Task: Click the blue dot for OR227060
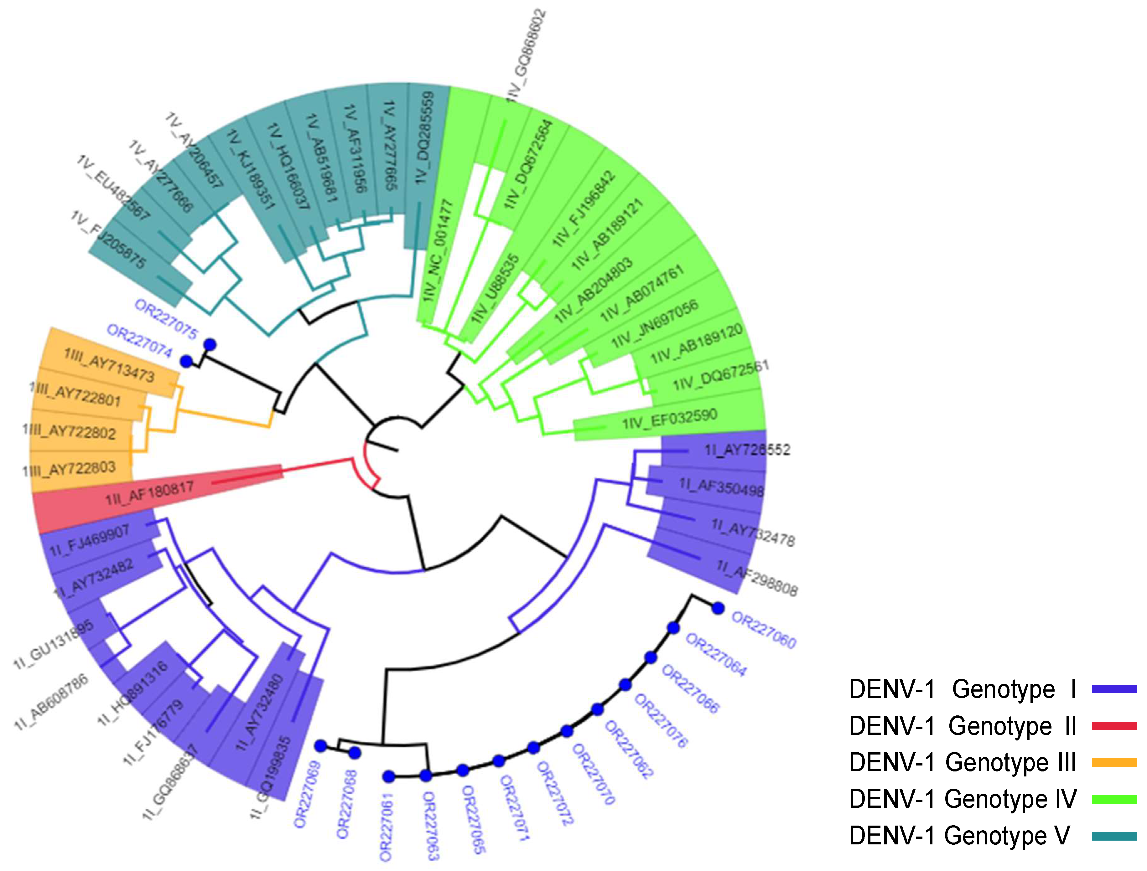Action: (718, 608)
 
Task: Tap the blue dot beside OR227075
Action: (210, 345)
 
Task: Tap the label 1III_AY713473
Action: (109, 365)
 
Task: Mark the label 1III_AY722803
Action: (69, 469)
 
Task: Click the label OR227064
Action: (716, 655)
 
